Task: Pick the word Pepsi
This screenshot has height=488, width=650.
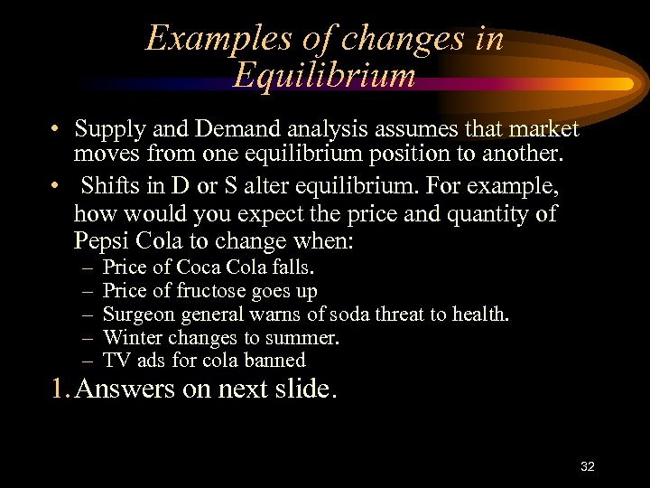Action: pos(103,241)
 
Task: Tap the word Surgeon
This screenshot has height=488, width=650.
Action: pos(139,314)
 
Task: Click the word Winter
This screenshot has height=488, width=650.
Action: pos(133,338)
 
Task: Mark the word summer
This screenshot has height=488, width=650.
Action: pos(302,338)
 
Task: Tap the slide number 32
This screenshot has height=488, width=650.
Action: pos(588,466)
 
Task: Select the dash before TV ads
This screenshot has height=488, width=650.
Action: pos(86,361)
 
